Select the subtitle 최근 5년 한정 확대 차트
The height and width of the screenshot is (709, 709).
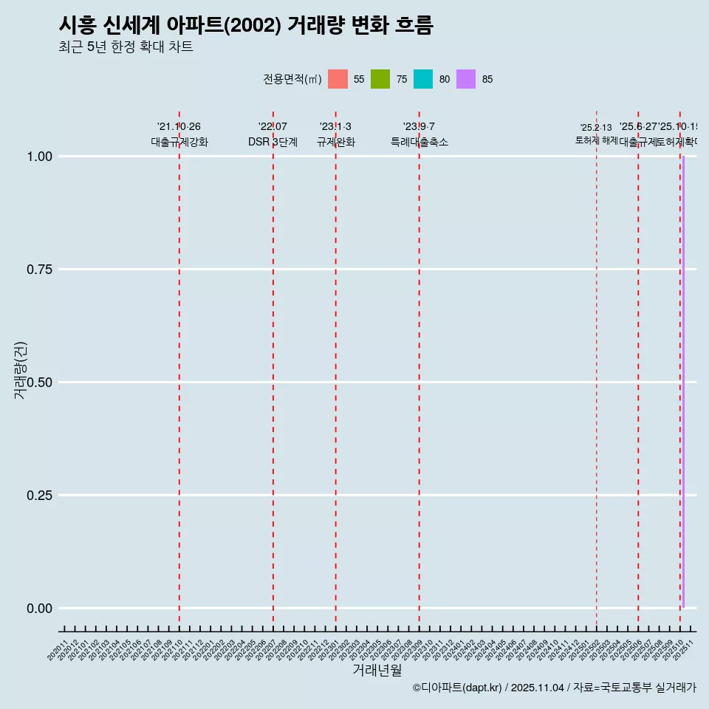[x=126, y=47]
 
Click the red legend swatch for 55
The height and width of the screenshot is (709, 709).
[x=338, y=79]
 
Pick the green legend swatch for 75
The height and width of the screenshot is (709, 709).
[x=380, y=79]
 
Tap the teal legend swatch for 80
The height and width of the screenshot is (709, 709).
[x=423, y=79]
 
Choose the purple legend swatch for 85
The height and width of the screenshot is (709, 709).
[x=466, y=79]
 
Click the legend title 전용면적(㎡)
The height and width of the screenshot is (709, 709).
[x=292, y=79]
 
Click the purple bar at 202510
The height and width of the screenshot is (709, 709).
[x=683, y=382]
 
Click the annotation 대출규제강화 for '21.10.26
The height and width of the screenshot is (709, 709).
[x=179, y=142]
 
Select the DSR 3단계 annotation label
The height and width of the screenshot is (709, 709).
[x=273, y=142]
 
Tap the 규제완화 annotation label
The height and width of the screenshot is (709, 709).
[x=336, y=142]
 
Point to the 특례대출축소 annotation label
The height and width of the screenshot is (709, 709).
[x=419, y=142]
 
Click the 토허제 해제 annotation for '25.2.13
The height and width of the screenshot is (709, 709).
[x=596, y=140]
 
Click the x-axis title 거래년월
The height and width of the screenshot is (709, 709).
[x=377, y=670]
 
